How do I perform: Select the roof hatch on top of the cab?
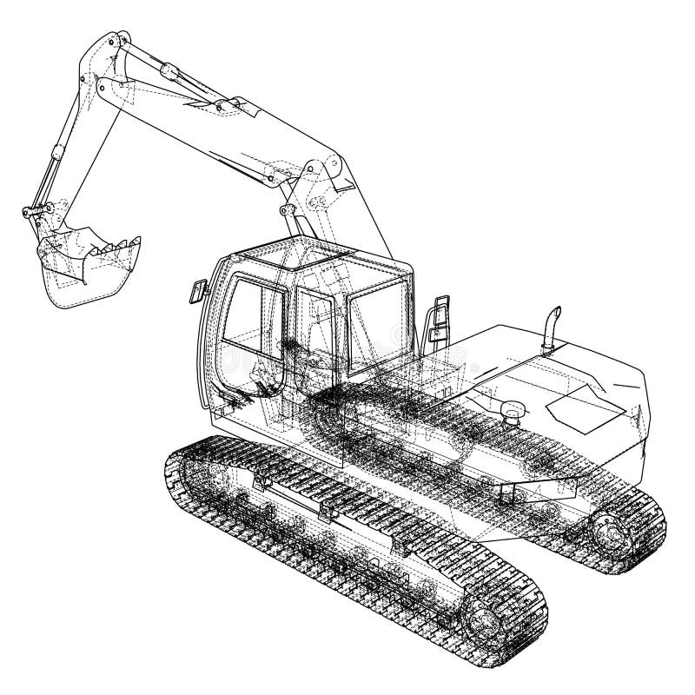click(x=321, y=256)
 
